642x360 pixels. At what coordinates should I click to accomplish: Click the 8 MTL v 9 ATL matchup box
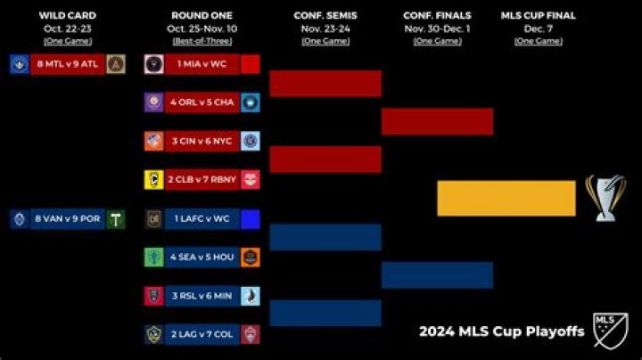[68, 64]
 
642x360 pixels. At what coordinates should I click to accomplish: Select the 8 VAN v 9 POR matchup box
[68, 219]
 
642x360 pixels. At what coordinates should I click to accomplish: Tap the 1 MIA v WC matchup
[202, 64]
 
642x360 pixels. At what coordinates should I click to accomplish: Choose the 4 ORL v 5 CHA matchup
[202, 102]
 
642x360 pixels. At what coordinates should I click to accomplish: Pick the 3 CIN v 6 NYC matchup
[202, 141]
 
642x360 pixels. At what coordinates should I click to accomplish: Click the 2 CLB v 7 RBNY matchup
[202, 179]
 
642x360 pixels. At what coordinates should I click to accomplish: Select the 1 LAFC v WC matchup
[202, 219]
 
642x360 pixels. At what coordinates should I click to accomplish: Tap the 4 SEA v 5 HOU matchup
[202, 258]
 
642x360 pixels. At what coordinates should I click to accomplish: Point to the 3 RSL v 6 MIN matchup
[202, 296]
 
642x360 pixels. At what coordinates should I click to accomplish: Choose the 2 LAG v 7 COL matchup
[202, 334]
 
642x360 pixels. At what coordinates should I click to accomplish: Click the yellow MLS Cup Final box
[506, 198]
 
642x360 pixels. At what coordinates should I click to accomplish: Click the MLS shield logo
[611, 330]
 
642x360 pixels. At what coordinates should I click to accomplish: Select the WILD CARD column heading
[69, 15]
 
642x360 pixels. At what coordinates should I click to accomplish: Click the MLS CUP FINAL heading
[538, 15]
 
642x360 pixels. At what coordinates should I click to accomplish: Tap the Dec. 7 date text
[538, 28]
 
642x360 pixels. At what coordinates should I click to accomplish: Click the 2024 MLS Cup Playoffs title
[502, 331]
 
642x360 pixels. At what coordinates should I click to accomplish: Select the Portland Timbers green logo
[115, 219]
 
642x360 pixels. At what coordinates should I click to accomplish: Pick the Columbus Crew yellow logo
[153, 179]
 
